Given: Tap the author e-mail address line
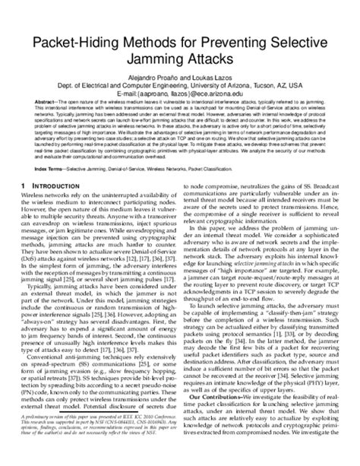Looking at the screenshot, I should [x=180, y=106].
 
